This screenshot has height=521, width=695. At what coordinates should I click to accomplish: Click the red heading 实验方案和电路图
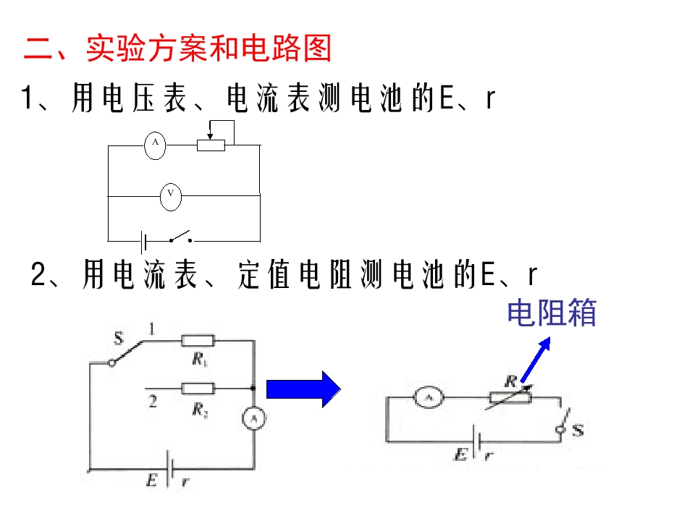tap(208, 48)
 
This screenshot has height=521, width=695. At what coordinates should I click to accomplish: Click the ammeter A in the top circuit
tap(155, 145)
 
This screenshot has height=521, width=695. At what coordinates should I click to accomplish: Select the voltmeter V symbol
tap(171, 197)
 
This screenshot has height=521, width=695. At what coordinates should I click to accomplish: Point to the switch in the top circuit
tap(181, 237)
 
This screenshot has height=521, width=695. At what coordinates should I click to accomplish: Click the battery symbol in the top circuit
tap(143, 242)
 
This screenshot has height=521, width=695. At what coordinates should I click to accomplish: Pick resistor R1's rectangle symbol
tap(198, 341)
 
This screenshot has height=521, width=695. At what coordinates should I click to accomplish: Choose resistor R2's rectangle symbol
tap(198, 389)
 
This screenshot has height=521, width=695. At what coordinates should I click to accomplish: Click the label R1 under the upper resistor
tap(200, 360)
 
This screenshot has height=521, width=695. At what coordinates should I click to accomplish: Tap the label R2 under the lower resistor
tap(200, 410)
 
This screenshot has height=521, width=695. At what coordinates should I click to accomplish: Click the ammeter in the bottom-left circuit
tap(254, 419)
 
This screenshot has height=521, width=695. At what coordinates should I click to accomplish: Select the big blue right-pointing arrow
tap(303, 389)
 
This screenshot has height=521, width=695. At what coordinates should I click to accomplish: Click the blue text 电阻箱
tap(552, 313)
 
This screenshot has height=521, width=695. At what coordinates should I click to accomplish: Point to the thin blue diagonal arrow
tap(536, 360)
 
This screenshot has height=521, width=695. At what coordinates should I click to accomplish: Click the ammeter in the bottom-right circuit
tap(428, 397)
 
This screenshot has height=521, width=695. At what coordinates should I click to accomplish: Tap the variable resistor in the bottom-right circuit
tap(510, 397)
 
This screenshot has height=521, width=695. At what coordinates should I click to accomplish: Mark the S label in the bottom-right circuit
tap(578, 430)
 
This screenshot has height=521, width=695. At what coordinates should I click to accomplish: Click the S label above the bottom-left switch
tap(118, 339)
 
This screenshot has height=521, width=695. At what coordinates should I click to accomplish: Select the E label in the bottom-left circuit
tap(151, 480)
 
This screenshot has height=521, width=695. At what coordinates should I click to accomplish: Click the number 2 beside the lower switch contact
tap(153, 402)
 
